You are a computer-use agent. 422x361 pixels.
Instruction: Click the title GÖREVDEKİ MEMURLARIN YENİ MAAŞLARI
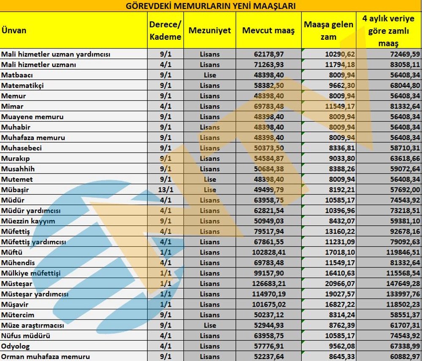click(211, 6)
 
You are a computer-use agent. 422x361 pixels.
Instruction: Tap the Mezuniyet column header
click(210, 30)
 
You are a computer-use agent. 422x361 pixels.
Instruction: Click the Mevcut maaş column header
click(268, 30)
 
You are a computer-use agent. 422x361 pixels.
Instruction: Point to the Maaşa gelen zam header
click(328, 30)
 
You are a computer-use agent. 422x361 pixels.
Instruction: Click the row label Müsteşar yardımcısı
click(35, 294)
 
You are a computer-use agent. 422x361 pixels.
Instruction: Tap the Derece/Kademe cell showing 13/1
click(165, 190)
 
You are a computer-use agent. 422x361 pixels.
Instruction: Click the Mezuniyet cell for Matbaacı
click(210, 75)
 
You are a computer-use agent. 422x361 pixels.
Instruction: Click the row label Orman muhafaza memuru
click(46, 357)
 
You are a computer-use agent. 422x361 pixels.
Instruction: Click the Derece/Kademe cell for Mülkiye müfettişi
click(165, 273)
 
